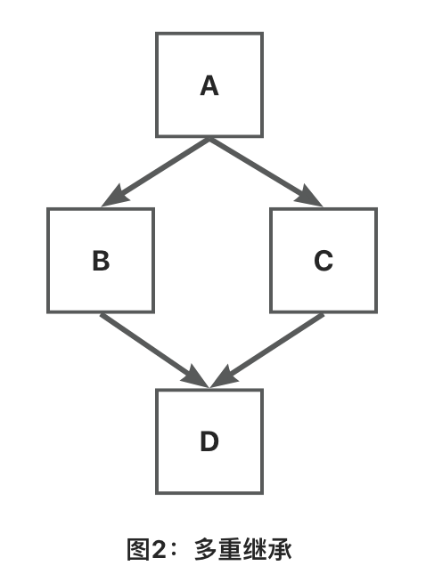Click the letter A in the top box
coord(209,85)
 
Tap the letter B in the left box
coord(101,261)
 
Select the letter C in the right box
coord(324,261)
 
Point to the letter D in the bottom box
coord(209,441)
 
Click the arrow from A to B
coord(155,173)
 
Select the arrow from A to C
coord(266,173)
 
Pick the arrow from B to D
coord(155,351)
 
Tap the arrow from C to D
coord(266,351)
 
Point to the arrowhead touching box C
coord(309,197)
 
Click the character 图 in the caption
coord(138,549)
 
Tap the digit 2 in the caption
coord(159,550)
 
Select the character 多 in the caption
coord(205,549)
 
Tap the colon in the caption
coord(174,550)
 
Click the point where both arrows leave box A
coord(209,139)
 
